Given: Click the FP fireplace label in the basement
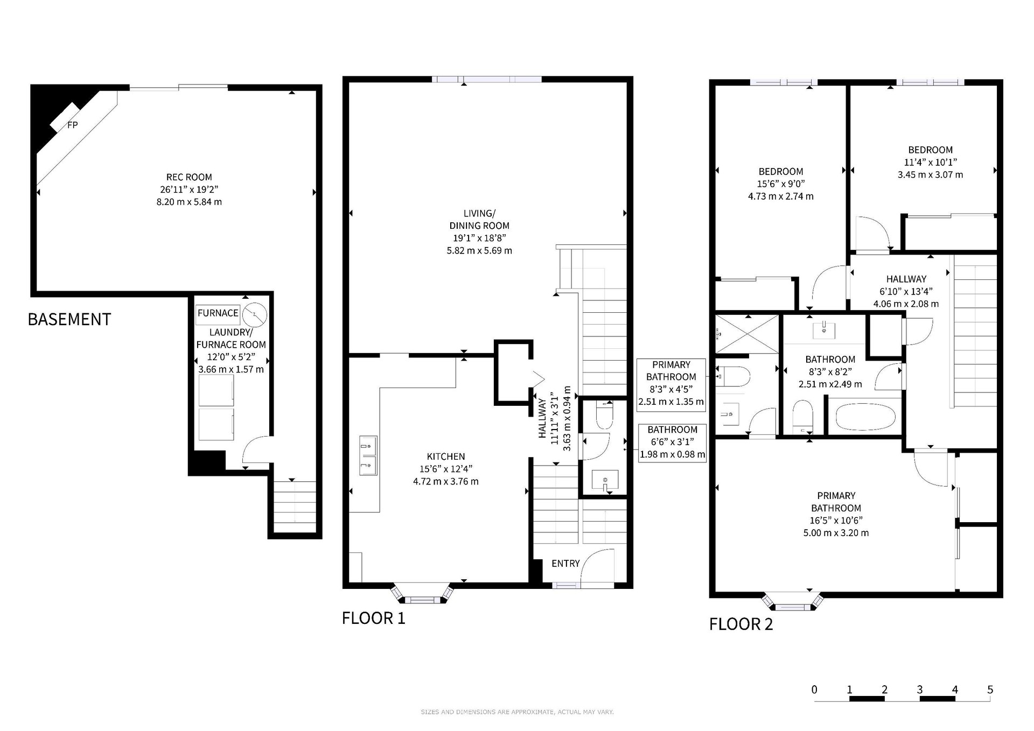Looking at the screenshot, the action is click(72, 125).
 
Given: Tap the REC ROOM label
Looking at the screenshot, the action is click(189, 177).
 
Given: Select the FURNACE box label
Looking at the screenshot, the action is click(218, 313).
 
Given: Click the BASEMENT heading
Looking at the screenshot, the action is click(69, 319).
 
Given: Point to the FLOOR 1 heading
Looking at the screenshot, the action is click(373, 618).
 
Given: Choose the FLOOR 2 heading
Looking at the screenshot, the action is click(741, 624).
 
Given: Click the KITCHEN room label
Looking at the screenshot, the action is click(446, 456).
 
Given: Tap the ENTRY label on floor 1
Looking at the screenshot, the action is click(565, 564).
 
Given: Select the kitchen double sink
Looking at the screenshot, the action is click(368, 456).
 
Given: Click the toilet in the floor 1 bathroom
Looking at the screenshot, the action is click(605, 415).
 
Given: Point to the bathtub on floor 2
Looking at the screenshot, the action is click(865, 417).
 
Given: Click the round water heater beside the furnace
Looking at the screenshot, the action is click(255, 315).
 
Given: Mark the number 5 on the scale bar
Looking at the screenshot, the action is click(990, 690).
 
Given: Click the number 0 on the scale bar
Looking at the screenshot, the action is click(814, 690).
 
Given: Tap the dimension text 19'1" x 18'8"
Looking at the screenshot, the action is click(479, 238).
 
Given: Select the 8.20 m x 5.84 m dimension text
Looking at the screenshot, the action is click(189, 202).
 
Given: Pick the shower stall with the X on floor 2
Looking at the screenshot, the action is click(747, 334).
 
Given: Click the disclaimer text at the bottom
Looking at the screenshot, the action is click(517, 712).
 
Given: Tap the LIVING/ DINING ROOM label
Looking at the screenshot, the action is click(479, 220).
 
